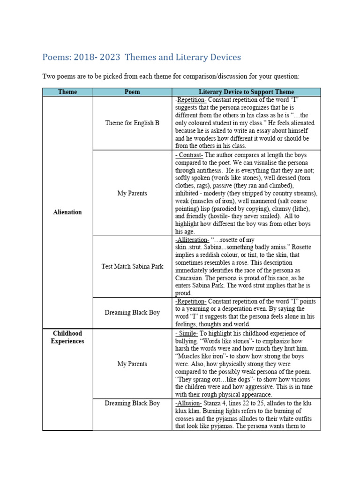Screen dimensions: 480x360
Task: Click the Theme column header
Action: (x=67, y=92)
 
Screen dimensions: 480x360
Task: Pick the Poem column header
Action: (x=132, y=92)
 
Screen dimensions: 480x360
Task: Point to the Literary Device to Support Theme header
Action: (x=246, y=92)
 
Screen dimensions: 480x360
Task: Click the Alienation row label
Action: (x=67, y=212)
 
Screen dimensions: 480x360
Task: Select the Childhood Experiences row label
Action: (x=67, y=337)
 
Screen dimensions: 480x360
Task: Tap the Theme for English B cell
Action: (x=132, y=123)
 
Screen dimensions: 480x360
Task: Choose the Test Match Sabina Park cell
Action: (x=132, y=266)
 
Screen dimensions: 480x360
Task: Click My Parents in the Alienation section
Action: (x=132, y=193)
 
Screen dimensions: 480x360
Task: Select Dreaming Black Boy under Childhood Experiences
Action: (x=132, y=403)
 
